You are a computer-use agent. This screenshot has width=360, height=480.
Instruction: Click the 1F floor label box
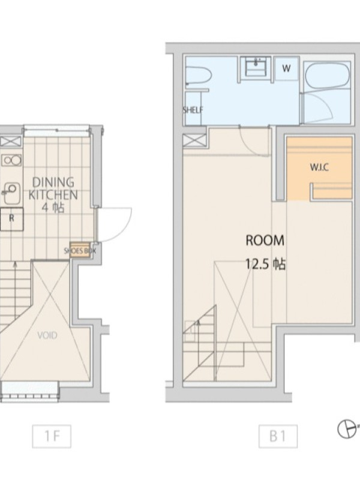tap(52, 436)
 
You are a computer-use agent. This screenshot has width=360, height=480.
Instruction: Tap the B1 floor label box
tap(278, 436)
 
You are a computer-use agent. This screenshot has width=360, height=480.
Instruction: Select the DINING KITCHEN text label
tap(53, 188)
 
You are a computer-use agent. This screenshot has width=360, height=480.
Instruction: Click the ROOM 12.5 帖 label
tap(265, 252)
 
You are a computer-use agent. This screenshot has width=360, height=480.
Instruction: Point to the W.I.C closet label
tap(320, 168)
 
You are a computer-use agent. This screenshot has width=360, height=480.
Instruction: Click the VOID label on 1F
tap(47, 335)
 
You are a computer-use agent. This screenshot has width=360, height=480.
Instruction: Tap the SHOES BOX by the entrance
tap(80, 251)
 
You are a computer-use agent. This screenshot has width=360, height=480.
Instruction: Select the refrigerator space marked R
tap(11, 219)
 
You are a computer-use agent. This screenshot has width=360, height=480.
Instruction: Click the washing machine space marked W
tap(286, 68)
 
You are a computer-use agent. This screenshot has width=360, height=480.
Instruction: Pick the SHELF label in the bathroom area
tap(193, 110)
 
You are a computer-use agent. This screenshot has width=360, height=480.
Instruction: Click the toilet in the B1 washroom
tap(199, 75)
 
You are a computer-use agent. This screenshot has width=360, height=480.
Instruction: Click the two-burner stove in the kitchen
tap(11, 160)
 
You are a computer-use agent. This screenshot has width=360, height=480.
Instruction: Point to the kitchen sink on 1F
tap(11, 193)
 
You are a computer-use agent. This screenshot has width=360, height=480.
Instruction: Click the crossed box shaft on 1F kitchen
tap(11, 141)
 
